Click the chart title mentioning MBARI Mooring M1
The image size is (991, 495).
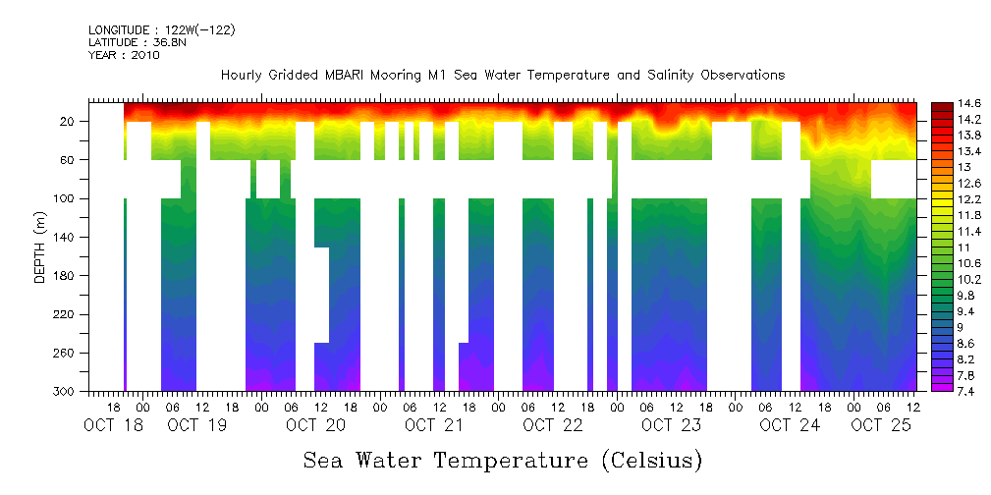503,75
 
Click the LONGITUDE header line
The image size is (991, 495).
161,30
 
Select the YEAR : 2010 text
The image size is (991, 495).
124,55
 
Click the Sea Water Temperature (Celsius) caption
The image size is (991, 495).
503,460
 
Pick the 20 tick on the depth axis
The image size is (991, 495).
68,121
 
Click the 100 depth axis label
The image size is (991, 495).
65,198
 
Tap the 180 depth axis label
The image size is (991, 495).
65,276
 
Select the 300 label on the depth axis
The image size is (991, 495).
65,392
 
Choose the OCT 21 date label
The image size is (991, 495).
433,425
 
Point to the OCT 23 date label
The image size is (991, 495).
671,425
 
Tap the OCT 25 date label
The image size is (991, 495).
880,425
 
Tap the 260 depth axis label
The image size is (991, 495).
65,354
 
